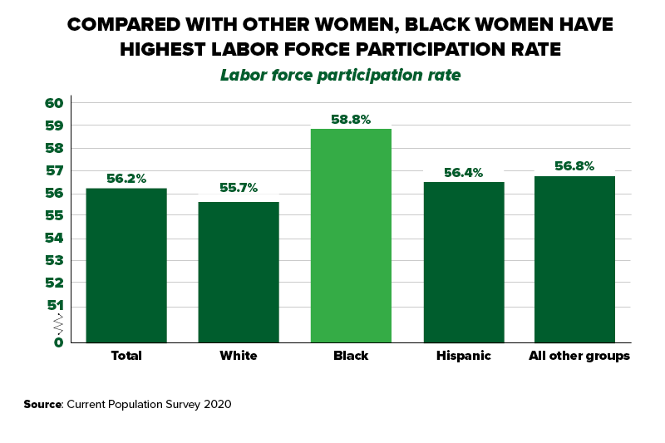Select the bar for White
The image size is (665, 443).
(239, 272)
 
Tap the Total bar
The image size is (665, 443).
(126, 265)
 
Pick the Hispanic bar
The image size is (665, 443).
(464, 262)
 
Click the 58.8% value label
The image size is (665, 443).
(351, 120)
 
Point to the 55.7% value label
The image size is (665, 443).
(239, 189)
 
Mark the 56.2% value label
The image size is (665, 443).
(126, 178)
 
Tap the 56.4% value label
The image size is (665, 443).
(464, 173)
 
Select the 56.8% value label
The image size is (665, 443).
(574, 166)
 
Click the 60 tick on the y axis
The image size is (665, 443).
(54, 103)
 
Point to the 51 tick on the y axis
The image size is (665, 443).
(54, 306)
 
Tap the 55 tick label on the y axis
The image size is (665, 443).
(54, 216)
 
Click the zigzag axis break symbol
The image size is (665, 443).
(58, 323)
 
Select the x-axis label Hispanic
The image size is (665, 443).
(464, 356)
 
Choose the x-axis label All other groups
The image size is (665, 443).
(579, 356)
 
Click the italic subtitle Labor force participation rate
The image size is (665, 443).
(340, 75)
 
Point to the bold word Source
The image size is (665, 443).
(42, 404)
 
